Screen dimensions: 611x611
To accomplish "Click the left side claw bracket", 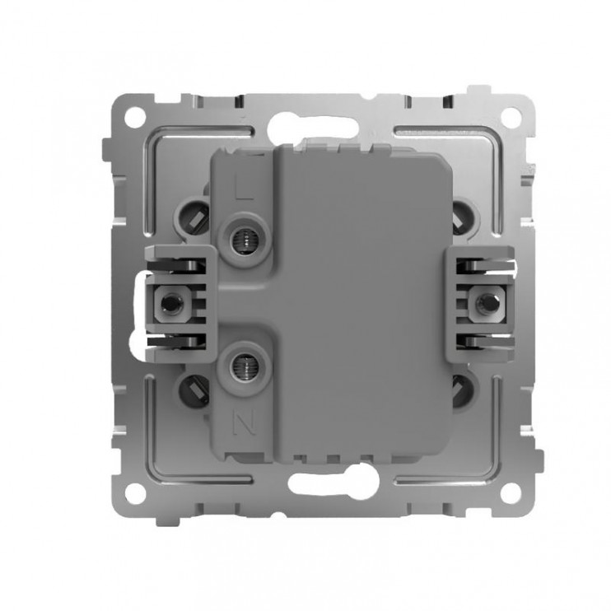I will pos(181,301).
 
